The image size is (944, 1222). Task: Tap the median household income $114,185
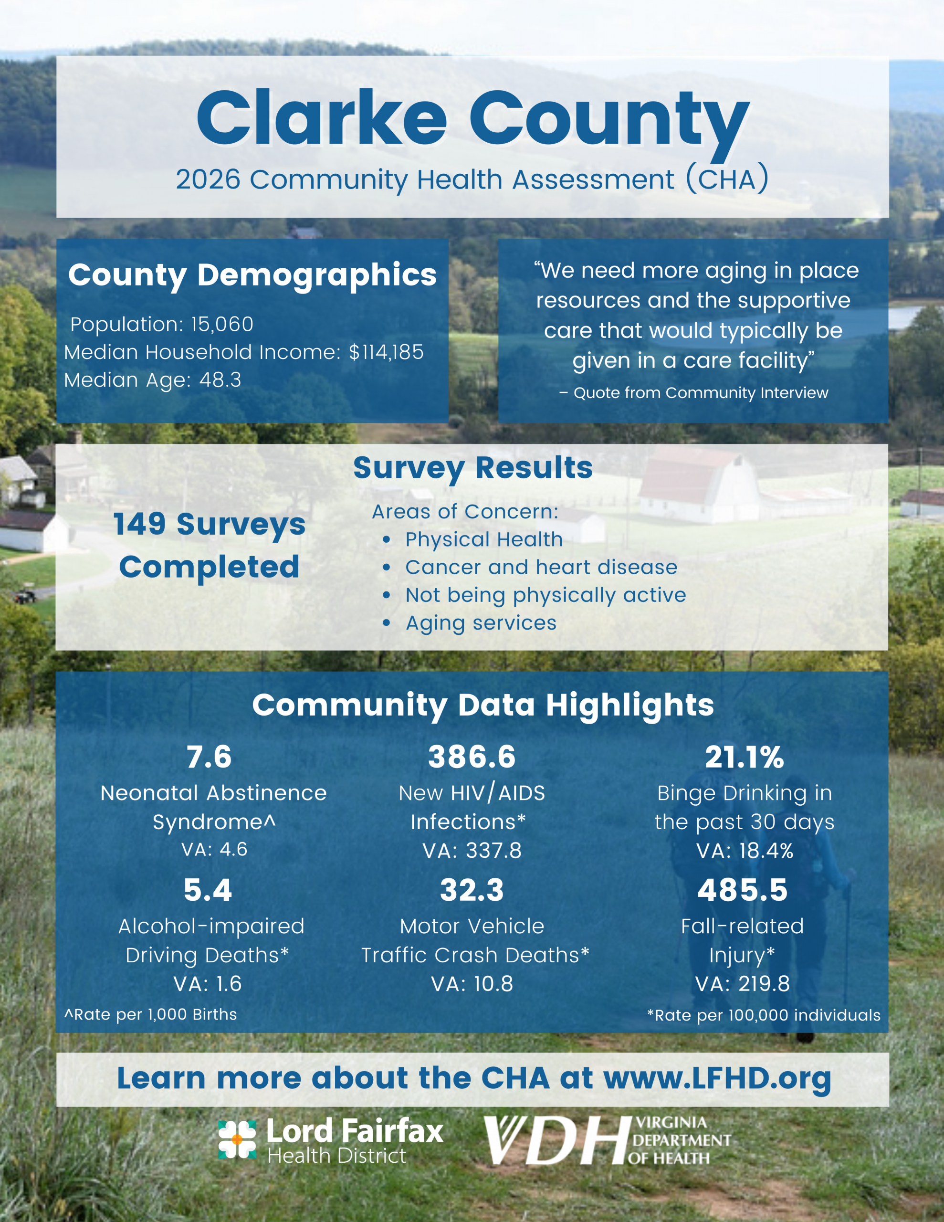coord(386,352)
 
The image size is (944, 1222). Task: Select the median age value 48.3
coord(220,380)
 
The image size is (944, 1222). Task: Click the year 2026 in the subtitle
coord(208,180)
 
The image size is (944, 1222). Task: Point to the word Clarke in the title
coord(322,118)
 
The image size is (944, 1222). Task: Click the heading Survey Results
coord(473,468)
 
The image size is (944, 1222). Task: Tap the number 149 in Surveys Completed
coord(140,524)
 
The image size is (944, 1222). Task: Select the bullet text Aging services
coord(481,623)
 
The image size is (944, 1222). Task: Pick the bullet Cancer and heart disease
coord(541,568)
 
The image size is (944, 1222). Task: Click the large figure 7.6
coord(209,757)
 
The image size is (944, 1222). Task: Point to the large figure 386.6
coord(472,757)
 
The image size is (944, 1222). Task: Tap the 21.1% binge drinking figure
coord(744,757)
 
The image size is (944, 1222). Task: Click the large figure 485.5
coord(742,890)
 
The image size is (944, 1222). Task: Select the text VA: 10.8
coord(472,984)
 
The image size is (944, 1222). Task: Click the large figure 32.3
coord(472,890)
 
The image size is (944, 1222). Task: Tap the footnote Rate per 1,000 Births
coord(151,1014)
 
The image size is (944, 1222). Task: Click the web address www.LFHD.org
coord(717,1078)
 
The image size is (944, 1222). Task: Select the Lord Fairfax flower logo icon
coord(237,1139)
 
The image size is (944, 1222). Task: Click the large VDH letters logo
coord(557,1141)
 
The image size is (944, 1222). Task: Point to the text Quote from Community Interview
coord(701,393)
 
